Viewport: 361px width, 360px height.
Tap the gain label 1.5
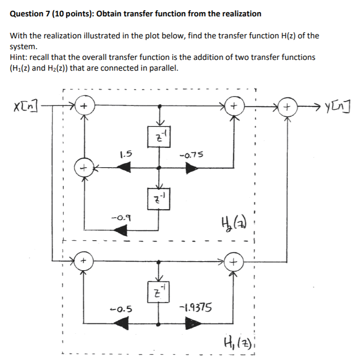point(125,153)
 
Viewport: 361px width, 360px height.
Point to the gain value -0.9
point(120,217)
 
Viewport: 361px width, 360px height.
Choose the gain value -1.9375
point(195,308)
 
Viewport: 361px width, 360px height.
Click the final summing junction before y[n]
point(287,107)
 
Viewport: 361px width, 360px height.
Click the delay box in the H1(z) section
point(159,293)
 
